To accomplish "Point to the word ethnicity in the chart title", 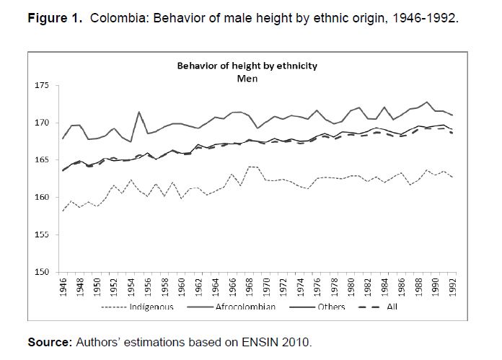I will (296, 66).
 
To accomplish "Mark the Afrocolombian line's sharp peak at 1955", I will (138, 112).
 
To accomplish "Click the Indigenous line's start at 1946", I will (63, 211).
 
